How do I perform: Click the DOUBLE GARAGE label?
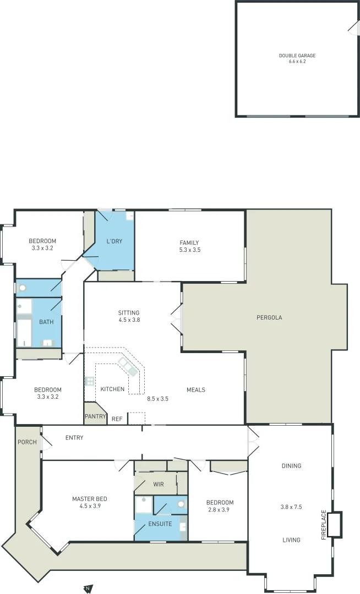(297, 56)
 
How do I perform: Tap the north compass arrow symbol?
(88, 588)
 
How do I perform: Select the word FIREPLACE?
(324, 525)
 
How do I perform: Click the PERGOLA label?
(269, 317)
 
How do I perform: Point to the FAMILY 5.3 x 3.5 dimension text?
(189, 250)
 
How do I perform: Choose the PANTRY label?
(95, 416)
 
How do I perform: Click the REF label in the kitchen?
(117, 419)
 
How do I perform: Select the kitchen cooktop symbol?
(89, 380)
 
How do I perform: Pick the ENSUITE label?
(160, 524)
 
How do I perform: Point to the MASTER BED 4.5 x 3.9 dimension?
(90, 506)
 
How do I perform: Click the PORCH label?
(27, 442)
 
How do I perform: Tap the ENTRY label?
(74, 438)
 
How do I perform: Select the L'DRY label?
(114, 241)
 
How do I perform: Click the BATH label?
(46, 322)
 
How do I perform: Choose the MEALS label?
(195, 389)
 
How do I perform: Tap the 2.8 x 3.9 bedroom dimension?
(220, 510)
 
